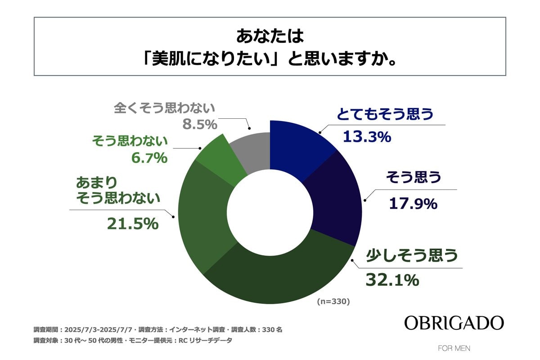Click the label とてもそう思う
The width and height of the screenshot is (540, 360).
click(385, 114)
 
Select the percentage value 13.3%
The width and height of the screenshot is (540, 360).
click(367, 136)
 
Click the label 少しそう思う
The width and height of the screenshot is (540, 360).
click(412, 256)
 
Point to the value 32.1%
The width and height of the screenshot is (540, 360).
click(392, 280)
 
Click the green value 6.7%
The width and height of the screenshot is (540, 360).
click(147, 158)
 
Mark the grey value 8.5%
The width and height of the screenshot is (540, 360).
click(200, 124)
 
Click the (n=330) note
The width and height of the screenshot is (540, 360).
click(333, 301)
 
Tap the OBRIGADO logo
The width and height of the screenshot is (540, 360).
click(454, 323)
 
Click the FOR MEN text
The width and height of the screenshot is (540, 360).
click(454, 348)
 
